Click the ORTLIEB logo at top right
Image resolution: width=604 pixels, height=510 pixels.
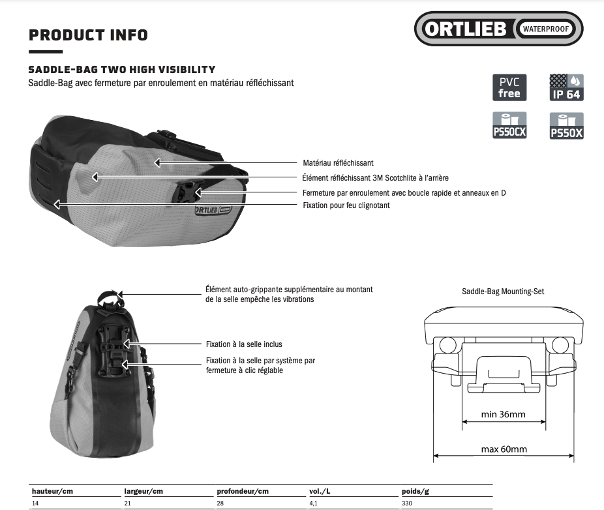[498, 29]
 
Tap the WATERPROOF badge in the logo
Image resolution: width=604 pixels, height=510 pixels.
[546, 29]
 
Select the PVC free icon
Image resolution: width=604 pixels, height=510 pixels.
[509, 87]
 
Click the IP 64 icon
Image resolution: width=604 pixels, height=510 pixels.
[566, 87]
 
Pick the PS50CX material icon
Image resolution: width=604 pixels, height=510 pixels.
[509, 125]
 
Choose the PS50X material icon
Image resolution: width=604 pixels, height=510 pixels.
[566, 126]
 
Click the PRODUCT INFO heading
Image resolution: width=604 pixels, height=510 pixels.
[88, 35]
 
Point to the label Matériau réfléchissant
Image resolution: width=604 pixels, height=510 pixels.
[339, 163]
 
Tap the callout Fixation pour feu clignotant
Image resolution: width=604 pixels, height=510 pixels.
[346, 205]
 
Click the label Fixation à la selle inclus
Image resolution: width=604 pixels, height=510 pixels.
[244, 344]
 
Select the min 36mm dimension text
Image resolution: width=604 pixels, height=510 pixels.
[503, 415]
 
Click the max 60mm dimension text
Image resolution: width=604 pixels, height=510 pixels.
[504, 449]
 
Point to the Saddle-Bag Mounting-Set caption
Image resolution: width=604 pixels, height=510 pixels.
[503, 292]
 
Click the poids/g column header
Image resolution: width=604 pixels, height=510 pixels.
[415, 491]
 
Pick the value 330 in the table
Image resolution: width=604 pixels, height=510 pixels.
[407, 503]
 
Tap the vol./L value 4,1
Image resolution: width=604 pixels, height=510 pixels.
[313, 503]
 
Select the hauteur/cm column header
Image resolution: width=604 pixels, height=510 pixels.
[52, 491]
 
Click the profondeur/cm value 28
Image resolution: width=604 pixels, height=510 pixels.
[220, 503]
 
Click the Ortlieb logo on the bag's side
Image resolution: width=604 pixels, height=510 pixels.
[213, 210]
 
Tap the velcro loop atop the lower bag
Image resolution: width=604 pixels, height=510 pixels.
[110, 298]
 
